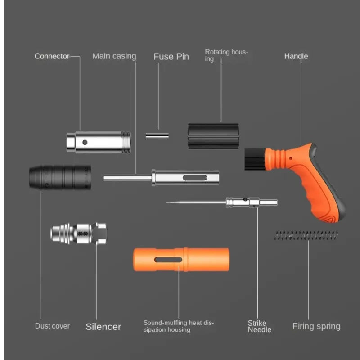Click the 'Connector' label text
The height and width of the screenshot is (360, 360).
(52, 56)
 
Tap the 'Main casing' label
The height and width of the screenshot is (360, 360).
(114, 56)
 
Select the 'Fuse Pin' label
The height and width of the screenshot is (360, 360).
(171, 57)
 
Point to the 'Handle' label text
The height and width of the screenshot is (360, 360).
(296, 56)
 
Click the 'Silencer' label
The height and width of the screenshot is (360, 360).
(103, 327)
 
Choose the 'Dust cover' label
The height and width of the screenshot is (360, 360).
(52, 326)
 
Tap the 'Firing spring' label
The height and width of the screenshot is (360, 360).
(316, 326)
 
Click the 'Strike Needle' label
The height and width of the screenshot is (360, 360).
(260, 326)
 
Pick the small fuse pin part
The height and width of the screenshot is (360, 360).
(157, 135)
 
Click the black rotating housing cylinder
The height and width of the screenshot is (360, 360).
(212, 135)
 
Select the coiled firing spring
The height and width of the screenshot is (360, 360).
(306, 235)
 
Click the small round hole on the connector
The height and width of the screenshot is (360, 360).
(85, 142)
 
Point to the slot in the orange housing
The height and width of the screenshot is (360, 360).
(168, 260)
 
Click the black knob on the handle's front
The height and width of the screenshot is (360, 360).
(253, 159)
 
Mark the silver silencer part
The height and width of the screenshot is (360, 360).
(79, 234)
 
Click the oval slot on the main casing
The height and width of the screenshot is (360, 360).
(193, 178)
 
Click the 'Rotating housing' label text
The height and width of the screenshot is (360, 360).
(226, 55)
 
